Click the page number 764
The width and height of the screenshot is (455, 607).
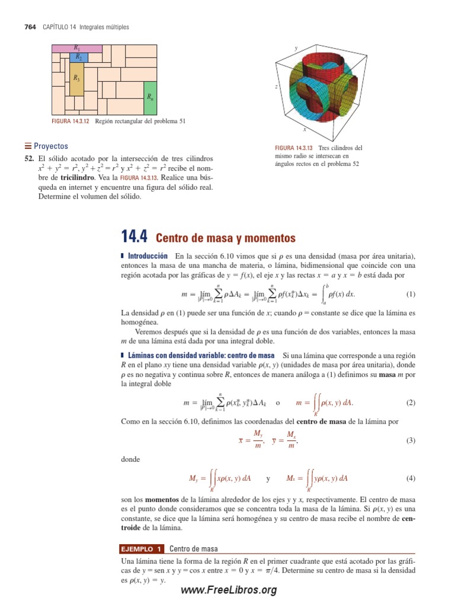(30, 27)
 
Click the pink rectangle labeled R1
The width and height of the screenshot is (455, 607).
(77, 48)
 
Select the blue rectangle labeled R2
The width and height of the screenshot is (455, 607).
(78, 57)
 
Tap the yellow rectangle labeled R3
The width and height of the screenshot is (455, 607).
(76, 80)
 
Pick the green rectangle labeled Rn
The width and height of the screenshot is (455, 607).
(150, 98)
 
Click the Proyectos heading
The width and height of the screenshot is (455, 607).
(50, 146)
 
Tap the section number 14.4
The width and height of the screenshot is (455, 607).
(134, 237)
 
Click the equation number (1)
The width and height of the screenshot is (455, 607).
(411, 294)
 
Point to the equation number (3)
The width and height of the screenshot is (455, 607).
(411, 440)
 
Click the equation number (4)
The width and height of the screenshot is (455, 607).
(411, 478)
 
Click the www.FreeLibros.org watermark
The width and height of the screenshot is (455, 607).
(228, 590)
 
